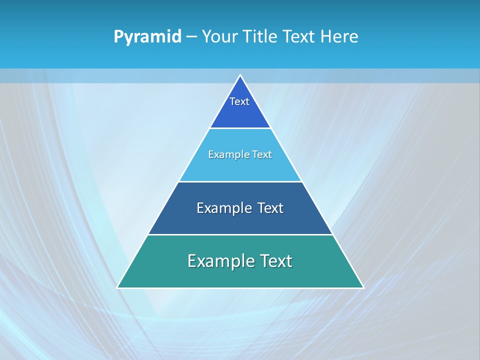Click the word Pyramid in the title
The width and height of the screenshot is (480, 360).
coord(147,37)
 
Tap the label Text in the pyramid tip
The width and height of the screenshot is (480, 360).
coord(239,101)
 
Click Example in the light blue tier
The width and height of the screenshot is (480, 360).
coord(225,154)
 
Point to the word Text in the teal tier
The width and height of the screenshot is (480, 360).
coord(276,261)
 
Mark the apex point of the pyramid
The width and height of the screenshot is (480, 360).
coord(240,75)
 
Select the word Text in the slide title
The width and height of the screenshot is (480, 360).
coord(299,37)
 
